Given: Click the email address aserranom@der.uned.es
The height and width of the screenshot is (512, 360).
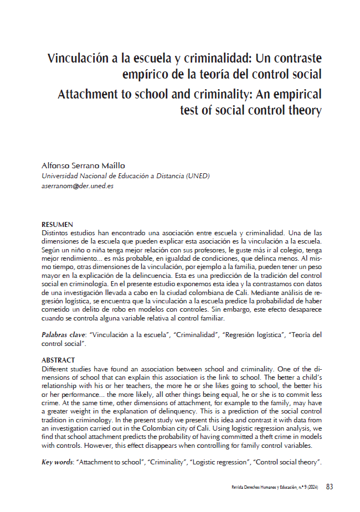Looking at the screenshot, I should [78, 187].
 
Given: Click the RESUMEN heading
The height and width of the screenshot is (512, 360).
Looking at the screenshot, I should [58, 224].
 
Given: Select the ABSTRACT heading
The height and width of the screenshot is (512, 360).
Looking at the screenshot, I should [58, 360].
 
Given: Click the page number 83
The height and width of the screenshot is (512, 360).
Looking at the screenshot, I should [329, 487].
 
